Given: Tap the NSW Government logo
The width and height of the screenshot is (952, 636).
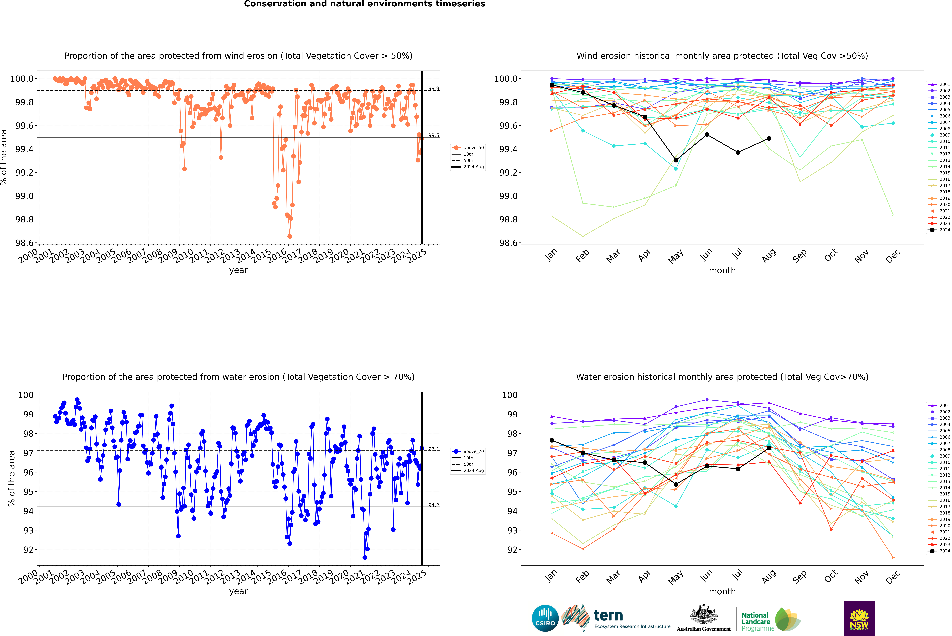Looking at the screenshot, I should tap(859, 618).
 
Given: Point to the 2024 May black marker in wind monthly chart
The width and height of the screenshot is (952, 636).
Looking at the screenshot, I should tap(676, 160).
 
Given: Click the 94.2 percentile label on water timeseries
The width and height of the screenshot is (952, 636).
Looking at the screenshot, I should tap(433, 505).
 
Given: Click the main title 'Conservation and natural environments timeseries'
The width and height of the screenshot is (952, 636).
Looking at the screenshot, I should tap(364, 4).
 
